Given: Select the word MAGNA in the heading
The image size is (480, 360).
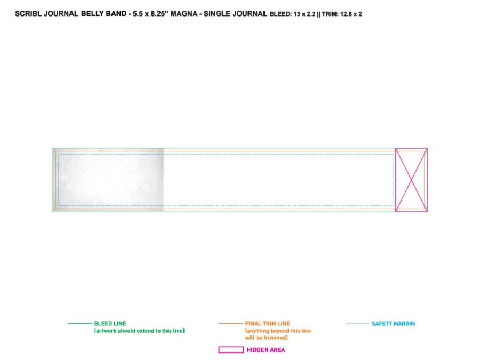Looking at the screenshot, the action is (184, 14).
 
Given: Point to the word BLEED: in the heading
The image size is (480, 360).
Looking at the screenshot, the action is (281, 14).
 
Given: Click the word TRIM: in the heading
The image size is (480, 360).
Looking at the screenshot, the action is (330, 14).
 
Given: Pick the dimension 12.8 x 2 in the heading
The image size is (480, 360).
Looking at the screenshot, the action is (351, 14).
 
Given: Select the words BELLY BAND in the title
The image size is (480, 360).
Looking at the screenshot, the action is (104, 14).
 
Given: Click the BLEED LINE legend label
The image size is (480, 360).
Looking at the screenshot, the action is (110, 324).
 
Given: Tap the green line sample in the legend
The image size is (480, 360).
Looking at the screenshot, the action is (79, 323).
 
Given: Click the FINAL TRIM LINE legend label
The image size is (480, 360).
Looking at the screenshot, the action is (268, 324).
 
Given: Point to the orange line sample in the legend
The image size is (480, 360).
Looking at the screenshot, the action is (230, 323).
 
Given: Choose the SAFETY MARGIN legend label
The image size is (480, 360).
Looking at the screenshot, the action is (394, 324).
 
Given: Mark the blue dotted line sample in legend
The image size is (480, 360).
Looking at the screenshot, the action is (357, 323).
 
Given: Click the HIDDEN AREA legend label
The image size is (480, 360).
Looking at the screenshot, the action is (266, 350).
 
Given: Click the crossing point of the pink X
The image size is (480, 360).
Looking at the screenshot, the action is (411, 180).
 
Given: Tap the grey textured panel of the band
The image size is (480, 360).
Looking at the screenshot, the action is (108, 180).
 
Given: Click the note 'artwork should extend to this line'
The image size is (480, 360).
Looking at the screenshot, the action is (139, 331).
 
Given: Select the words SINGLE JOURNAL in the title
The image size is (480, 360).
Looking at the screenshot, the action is (235, 14).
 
